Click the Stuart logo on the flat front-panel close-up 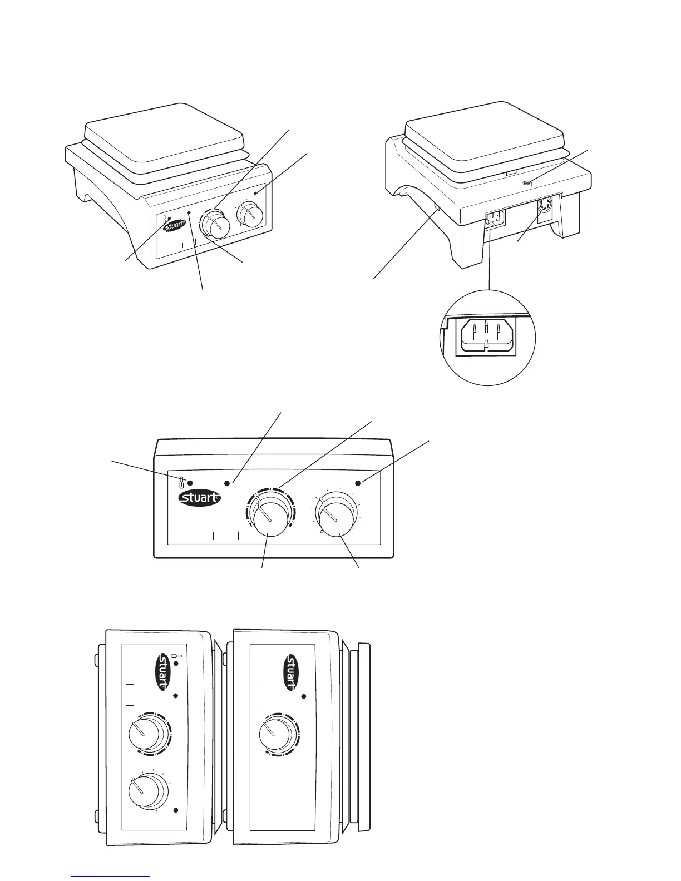pyautogui.click(x=199, y=498)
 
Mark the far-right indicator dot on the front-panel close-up pyautogui.click(x=358, y=483)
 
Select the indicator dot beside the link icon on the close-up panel pyautogui.click(x=190, y=482)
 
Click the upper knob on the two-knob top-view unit pyautogui.click(x=146, y=734)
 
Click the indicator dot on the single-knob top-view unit pyautogui.click(x=304, y=696)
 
